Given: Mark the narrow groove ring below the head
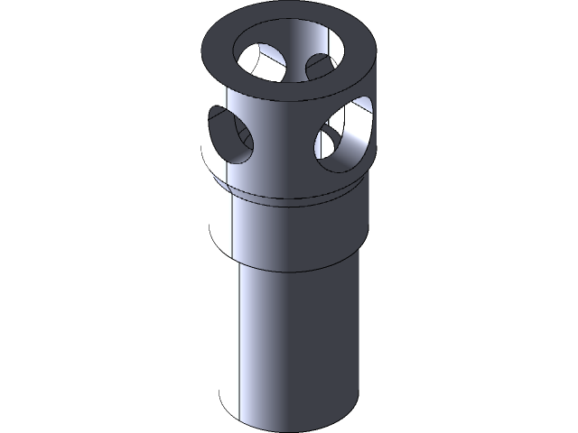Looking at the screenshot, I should pyautogui.click(x=289, y=195).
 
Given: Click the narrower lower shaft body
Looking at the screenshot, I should pyautogui.click(x=289, y=343).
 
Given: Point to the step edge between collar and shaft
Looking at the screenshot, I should pyautogui.click(x=289, y=269).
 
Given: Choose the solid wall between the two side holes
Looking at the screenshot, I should pyautogui.click(x=284, y=135).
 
